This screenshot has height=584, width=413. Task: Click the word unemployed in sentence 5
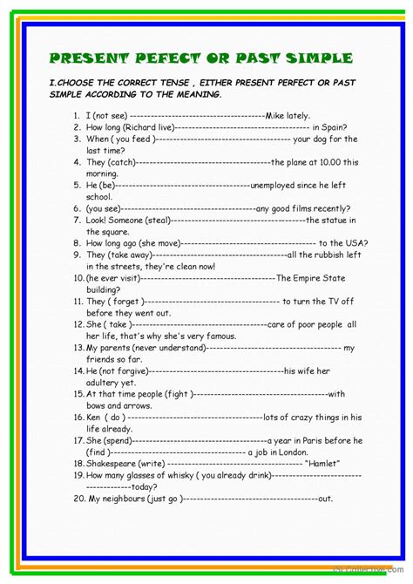pyautogui.click(x=277, y=186)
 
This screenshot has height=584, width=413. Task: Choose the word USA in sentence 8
pyautogui.click(x=356, y=243)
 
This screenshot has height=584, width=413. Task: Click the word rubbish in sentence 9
pyautogui.click(x=331, y=255)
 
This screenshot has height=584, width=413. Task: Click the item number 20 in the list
pyautogui.click(x=78, y=499)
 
